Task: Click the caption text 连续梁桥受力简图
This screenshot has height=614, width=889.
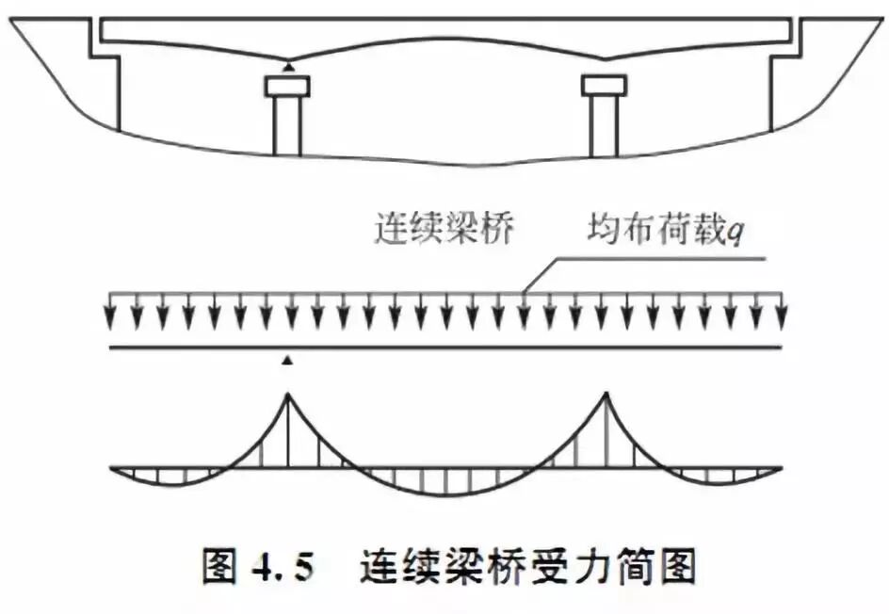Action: coord(527,567)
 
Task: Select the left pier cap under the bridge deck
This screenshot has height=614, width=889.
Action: coord(287,87)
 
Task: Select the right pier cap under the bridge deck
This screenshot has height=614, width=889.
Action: coord(604,87)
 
